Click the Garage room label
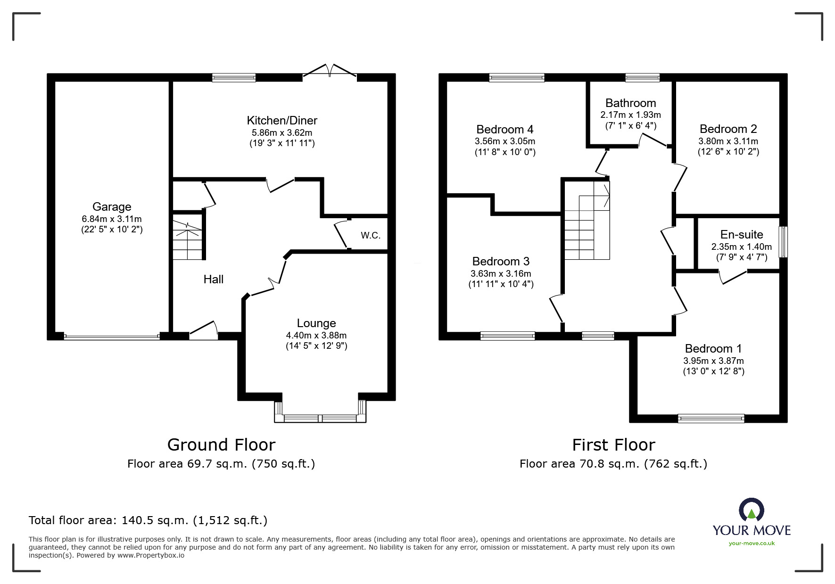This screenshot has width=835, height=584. pos(112,206)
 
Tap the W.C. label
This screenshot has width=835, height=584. pos(371,235)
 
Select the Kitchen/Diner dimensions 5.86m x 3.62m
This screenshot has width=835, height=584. pos(282,133)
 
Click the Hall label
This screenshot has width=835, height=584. pos(214,279)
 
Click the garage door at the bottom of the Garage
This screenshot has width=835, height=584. pos(112,337)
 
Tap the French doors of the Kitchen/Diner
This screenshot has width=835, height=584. pos(330,70)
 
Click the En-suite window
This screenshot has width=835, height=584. pos(783,242)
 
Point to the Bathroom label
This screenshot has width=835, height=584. pos(630,103)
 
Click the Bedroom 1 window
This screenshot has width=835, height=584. pos(711,418)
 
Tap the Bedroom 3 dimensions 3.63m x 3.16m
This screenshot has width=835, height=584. pos(501,273)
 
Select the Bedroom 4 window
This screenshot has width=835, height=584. pos(517,78)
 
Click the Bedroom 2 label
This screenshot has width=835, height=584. pos(728,129)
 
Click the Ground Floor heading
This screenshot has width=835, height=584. pos(221,444)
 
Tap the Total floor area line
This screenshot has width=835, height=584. pos(148,520)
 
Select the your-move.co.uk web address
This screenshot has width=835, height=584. pos(752,543)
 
